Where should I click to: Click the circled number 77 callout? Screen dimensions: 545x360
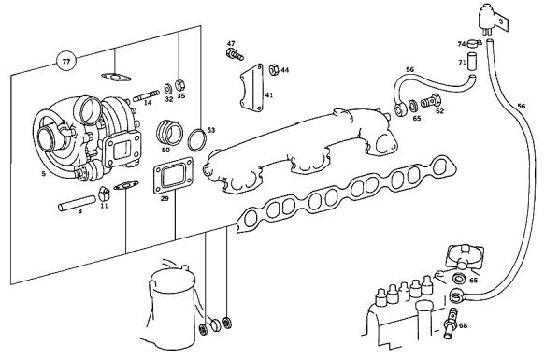66,62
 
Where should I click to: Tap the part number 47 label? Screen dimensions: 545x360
231,43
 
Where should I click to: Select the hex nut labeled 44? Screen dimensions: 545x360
274,70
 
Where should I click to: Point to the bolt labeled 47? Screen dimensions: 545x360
235,54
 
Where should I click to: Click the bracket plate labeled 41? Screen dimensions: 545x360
251,88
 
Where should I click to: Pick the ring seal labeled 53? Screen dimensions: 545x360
196,140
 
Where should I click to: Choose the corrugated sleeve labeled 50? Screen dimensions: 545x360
169,133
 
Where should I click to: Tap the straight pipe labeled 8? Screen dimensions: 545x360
77,203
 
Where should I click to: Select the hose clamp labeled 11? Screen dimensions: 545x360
104,194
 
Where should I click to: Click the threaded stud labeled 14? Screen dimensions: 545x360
146,95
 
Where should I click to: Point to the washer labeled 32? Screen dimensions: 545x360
167,88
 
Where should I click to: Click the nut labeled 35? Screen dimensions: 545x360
179,85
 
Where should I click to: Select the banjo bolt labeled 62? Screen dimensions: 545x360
431,101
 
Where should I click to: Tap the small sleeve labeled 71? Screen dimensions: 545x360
471,61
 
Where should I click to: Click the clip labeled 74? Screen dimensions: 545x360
474,43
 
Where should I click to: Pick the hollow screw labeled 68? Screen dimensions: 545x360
450,324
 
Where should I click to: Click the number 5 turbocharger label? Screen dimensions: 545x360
43,173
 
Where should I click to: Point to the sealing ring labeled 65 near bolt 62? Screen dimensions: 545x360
413,106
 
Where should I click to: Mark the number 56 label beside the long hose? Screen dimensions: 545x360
521,106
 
